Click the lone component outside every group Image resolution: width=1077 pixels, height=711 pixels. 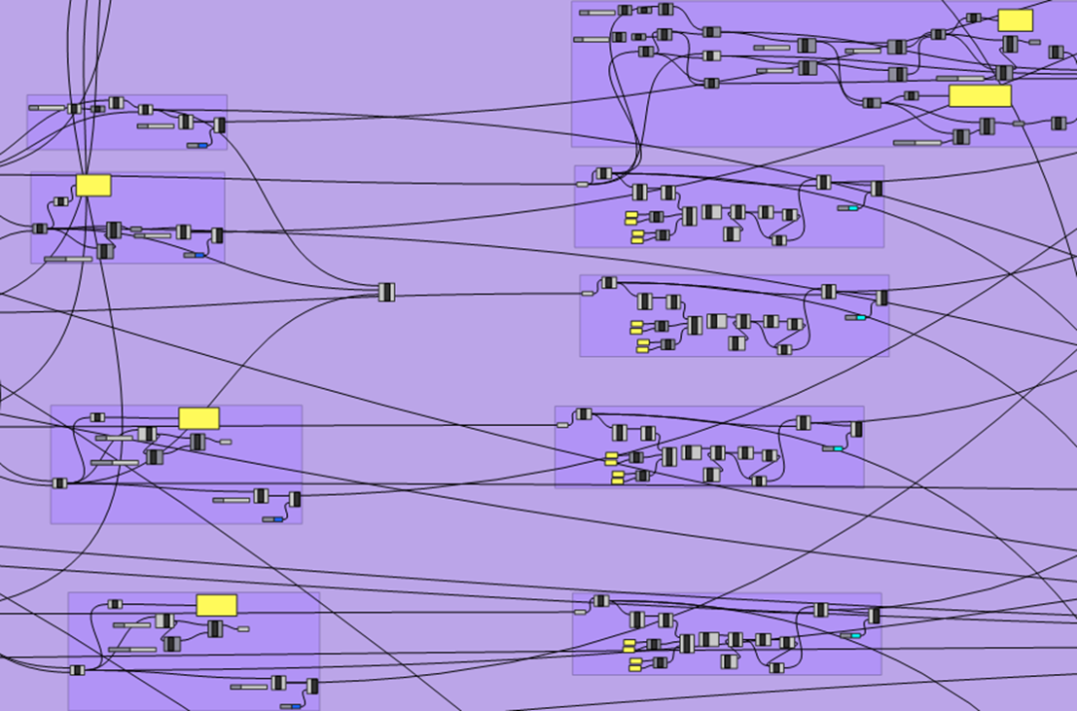pyautogui.click(x=387, y=292)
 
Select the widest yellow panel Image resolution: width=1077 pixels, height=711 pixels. pyautogui.click(x=979, y=96)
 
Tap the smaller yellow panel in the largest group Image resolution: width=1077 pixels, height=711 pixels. pyautogui.click(x=1015, y=21)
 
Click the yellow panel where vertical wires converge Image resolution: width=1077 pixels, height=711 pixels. pyautogui.click(x=93, y=185)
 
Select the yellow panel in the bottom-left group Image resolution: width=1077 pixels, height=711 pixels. pyautogui.click(x=216, y=605)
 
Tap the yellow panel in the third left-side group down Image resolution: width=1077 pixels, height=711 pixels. pyautogui.click(x=198, y=418)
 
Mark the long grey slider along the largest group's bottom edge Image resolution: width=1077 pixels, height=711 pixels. pyautogui.click(x=917, y=143)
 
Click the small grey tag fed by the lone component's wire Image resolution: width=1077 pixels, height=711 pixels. pyautogui.click(x=587, y=294)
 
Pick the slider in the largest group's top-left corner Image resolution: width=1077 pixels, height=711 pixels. pyautogui.click(x=597, y=12)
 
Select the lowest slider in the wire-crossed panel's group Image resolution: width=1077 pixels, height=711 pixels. pyautogui.click(x=67, y=259)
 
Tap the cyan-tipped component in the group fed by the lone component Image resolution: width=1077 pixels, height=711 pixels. pyautogui.click(x=857, y=317)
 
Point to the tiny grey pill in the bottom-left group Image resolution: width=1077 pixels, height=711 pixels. pyautogui.click(x=243, y=629)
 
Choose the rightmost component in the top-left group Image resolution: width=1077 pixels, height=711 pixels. pyautogui.click(x=219, y=125)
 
